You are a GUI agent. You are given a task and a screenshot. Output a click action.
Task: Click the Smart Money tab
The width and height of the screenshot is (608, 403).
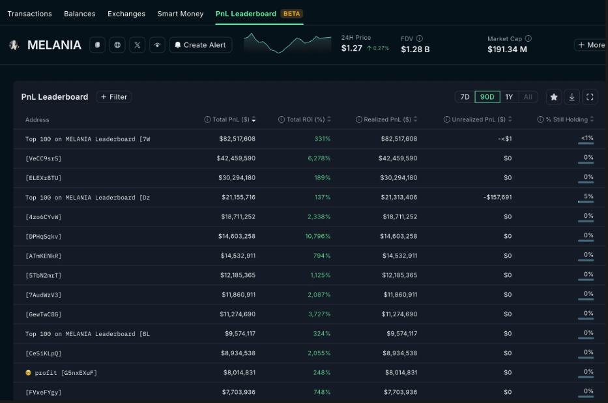coord(180,14)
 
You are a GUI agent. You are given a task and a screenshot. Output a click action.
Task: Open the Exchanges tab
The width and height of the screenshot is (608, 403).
coord(126,14)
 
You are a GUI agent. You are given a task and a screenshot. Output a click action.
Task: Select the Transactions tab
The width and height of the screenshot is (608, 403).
coord(29,14)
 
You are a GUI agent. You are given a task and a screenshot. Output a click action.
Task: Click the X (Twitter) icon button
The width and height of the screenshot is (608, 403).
coord(137,45)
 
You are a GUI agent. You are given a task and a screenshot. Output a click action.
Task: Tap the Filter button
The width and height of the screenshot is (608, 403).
coord(114,97)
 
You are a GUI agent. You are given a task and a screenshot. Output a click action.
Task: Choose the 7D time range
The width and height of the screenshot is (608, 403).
coord(465,97)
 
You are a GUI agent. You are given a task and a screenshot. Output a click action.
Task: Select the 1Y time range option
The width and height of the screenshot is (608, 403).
coord(509,97)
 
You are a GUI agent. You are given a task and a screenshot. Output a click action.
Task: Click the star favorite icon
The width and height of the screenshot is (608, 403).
coord(553,97)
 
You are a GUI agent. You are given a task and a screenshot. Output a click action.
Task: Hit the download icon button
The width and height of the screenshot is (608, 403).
coord(572,97)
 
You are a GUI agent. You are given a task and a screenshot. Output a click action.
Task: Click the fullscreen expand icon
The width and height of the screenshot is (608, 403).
coord(590,97)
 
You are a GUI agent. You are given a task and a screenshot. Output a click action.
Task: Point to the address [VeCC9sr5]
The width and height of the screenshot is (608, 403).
coord(44,158)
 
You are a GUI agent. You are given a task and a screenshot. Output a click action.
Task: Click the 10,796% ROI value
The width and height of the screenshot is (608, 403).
coord(317,236)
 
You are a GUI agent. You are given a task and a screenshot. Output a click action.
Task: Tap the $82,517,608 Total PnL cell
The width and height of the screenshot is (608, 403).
coord(237,139)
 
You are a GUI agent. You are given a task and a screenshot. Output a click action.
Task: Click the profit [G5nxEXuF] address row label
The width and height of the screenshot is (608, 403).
coord(61,372)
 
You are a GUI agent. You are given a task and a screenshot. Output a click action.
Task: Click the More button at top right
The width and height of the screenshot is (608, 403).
coord(590,45)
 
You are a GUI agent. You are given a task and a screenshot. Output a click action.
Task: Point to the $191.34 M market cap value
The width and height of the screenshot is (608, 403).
coord(507,50)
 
